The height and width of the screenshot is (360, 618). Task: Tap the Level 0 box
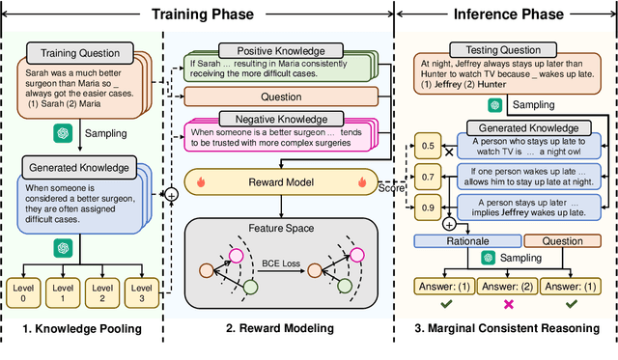[x=25, y=291]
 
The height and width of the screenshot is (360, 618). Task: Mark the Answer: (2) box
[x=508, y=286]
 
